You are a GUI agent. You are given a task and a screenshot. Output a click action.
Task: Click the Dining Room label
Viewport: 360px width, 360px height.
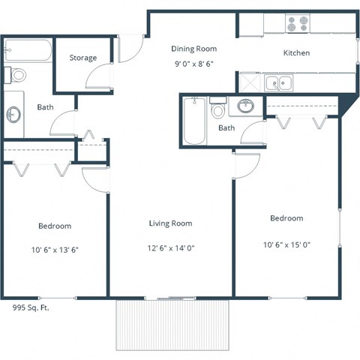click(193, 48)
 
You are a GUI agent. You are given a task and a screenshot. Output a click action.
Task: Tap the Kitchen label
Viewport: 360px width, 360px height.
click(296, 53)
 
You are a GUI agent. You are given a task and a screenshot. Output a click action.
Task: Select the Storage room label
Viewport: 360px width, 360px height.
click(83, 58)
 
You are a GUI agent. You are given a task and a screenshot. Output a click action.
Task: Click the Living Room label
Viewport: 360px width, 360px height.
click(170, 223)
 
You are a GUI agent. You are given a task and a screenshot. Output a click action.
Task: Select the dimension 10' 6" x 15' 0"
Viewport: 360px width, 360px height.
click(286, 244)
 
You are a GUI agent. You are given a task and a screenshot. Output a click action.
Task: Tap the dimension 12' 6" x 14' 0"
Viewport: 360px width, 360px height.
click(170, 247)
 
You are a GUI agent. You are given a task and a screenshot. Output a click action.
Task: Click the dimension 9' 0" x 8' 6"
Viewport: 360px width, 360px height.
click(193, 64)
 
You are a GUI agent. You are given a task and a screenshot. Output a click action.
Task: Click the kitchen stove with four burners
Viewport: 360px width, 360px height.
click(298, 24)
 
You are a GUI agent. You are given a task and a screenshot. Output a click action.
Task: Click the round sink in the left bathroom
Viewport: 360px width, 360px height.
click(14, 114)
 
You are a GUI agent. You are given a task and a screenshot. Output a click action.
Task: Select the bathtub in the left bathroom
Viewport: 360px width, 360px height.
click(28, 51)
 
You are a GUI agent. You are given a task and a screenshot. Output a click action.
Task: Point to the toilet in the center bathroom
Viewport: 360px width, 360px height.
click(219, 109)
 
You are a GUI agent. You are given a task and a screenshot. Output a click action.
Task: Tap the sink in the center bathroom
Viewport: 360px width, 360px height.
click(245, 106)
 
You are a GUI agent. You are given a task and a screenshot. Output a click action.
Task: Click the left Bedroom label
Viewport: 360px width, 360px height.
click(55, 226)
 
